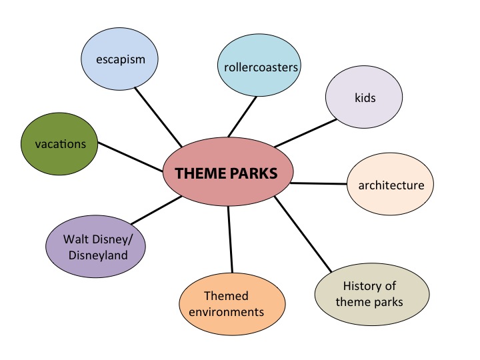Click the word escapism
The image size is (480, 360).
click(121, 60)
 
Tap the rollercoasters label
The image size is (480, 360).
click(261, 67)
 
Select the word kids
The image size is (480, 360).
click(365, 97)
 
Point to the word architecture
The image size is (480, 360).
click(391, 185)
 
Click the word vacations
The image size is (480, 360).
click(60, 144)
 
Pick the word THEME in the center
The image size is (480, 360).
click(200, 173)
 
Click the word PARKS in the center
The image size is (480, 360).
click(253, 173)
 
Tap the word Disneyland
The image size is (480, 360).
click(98, 255)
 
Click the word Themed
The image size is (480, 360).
click(226, 296)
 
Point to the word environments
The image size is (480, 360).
click(226, 312)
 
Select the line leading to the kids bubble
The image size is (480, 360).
click(305, 133)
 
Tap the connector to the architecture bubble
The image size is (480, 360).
click(319, 184)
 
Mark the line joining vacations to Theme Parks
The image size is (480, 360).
click(130, 157)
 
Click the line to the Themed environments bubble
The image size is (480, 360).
click(230, 239)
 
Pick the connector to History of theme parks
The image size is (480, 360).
click(303, 234)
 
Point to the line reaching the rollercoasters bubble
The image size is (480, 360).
click(242, 117)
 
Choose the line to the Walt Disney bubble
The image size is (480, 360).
click(157, 210)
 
